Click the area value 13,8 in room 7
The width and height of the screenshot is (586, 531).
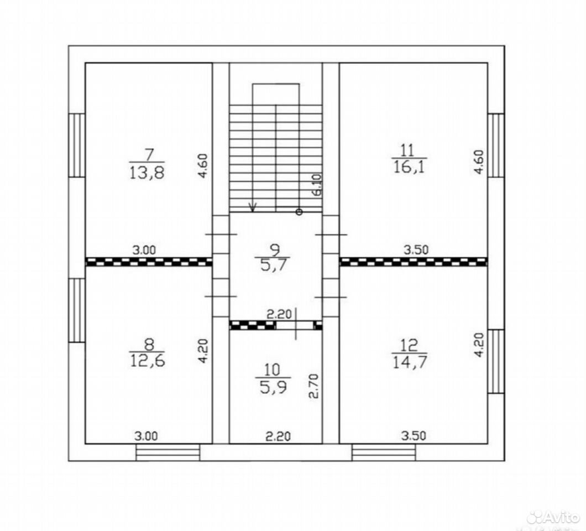click(x=147, y=173)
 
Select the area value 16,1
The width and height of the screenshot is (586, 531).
click(x=410, y=167)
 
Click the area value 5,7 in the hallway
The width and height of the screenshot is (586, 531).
click(x=271, y=265)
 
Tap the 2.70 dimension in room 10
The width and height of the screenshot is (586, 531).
click(x=315, y=386)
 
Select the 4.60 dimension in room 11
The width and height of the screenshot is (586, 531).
click(x=479, y=162)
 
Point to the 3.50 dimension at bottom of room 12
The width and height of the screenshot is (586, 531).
click(x=414, y=436)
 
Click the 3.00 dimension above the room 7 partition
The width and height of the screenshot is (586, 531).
click(x=145, y=250)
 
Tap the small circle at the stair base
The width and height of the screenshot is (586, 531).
click(x=299, y=212)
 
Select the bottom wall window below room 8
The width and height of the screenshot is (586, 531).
click(x=168, y=452)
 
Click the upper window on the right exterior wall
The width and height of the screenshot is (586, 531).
click(x=496, y=145)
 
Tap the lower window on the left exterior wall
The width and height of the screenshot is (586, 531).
click(x=77, y=310)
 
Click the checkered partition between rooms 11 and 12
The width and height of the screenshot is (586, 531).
click(x=414, y=262)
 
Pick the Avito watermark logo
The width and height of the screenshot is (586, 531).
click(x=553, y=517)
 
